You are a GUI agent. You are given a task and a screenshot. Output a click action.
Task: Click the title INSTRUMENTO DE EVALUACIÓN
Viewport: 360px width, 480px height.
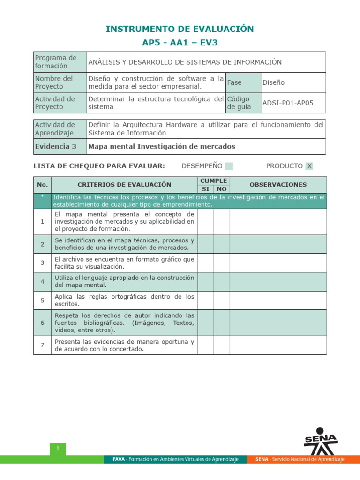[x=180, y=29]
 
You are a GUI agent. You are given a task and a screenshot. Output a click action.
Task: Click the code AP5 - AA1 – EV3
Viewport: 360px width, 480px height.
[x=180, y=43]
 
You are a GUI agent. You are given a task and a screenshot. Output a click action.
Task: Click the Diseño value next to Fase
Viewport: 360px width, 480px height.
[x=274, y=82]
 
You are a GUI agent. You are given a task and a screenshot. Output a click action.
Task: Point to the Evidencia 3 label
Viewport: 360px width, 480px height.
[x=55, y=146]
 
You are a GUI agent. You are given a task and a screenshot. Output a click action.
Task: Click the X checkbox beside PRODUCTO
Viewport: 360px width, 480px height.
[x=309, y=166]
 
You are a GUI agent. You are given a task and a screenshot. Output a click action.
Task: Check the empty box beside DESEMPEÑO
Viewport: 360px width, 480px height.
[x=229, y=166]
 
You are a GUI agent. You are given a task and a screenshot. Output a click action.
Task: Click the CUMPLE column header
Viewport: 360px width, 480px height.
[x=213, y=180]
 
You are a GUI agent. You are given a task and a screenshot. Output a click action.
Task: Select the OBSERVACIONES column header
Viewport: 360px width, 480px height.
[x=278, y=185]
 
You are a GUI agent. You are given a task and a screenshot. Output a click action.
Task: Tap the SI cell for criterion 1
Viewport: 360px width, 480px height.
[x=206, y=221]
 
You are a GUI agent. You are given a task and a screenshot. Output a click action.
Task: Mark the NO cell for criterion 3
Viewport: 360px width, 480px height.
[x=222, y=262]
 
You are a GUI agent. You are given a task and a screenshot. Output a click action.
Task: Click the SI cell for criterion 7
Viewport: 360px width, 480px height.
[x=206, y=345]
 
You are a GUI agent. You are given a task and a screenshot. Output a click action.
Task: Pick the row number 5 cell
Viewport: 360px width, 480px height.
[x=42, y=300]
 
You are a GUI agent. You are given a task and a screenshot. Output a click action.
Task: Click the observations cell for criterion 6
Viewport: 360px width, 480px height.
[x=278, y=322]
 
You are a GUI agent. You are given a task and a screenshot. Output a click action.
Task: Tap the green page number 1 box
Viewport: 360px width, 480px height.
[x=58, y=449]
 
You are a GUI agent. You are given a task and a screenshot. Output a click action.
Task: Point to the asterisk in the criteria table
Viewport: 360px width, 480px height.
[x=42, y=197]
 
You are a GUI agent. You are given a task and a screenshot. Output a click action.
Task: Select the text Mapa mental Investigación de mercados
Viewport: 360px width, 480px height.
[x=162, y=146]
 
